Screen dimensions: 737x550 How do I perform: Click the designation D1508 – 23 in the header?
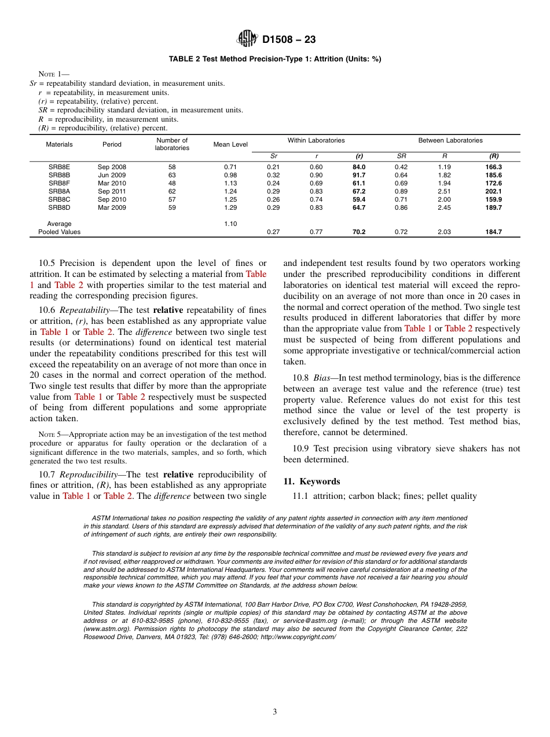pos(289,40)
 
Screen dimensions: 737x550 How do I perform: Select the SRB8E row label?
pos(59,167)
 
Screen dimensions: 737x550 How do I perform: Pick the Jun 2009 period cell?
pos(112,175)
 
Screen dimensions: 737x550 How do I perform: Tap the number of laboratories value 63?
pos(172,175)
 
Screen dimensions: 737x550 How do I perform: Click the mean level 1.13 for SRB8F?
pos(230,183)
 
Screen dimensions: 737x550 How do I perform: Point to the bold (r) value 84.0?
pos(359,167)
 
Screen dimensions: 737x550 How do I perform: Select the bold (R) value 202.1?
pos(493,191)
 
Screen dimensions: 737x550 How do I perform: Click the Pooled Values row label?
pos(59,232)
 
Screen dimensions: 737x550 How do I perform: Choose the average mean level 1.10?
pos(230,224)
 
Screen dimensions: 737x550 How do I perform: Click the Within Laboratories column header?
pos(316,140)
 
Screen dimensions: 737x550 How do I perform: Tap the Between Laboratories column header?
pos(450,140)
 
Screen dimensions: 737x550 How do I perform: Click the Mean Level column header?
pos(230,144)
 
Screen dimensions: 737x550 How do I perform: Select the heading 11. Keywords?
pos(311,481)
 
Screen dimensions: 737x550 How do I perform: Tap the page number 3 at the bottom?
pos(275,712)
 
